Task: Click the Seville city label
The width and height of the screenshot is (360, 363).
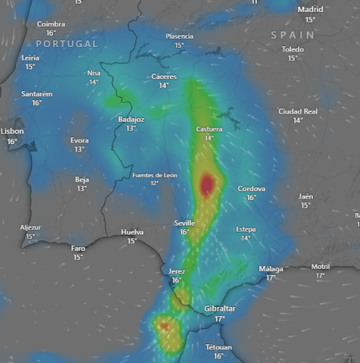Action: (184, 223)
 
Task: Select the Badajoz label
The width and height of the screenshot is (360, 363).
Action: (131, 120)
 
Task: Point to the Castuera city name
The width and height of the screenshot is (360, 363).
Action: (209, 129)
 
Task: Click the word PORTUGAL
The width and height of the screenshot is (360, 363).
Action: (66, 44)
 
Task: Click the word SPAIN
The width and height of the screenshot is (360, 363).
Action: (293, 35)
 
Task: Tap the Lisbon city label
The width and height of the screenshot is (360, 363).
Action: (12, 131)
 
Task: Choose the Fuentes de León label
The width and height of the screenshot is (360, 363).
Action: (155, 175)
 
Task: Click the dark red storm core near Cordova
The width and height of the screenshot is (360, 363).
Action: (208, 183)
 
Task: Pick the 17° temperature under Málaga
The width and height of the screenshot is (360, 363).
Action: (270, 278)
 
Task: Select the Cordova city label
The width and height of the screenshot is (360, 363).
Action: (252, 189)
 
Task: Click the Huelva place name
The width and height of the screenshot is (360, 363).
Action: (132, 232)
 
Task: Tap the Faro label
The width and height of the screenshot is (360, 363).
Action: (78, 249)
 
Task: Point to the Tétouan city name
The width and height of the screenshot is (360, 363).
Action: (219, 347)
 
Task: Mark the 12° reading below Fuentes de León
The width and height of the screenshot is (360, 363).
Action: (155, 183)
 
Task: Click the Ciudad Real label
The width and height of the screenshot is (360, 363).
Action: (298, 111)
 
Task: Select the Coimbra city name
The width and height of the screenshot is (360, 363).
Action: (51, 24)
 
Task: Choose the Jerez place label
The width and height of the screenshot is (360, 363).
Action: (177, 271)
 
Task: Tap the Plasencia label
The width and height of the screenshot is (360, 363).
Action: (179, 36)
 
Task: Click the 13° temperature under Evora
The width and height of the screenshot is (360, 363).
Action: (79, 149)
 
